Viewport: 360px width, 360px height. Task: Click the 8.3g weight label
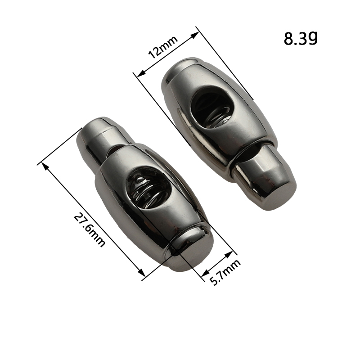301,38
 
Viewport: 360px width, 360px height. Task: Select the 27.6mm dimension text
90,230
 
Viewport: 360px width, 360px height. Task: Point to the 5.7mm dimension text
225,272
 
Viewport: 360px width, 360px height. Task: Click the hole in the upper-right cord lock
211,105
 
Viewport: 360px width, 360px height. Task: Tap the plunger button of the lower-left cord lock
101,138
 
